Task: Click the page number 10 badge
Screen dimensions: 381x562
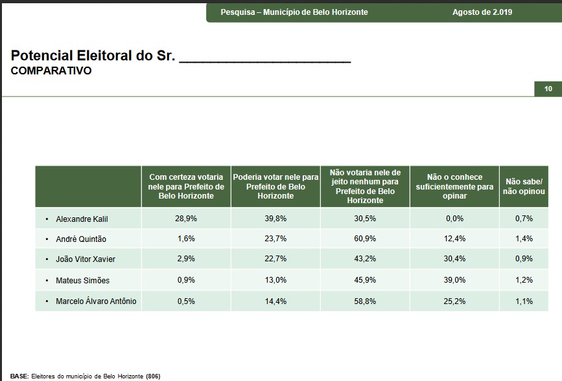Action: tap(548, 89)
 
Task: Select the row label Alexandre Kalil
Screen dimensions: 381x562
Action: tap(82, 219)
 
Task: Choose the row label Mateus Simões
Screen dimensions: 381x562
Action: tap(82, 280)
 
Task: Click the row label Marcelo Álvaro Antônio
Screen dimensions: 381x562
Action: tap(96, 301)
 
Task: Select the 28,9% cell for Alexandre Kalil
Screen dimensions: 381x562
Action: tap(186, 219)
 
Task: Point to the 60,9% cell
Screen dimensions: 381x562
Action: tap(365, 239)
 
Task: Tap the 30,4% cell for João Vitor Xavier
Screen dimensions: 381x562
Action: tap(454, 259)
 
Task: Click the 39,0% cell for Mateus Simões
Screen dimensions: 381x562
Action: tap(454, 280)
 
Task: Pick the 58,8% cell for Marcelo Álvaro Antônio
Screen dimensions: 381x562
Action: tap(365, 301)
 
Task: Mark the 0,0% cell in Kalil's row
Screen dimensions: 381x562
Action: tap(454, 219)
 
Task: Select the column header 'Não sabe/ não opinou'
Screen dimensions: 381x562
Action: tap(524, 186)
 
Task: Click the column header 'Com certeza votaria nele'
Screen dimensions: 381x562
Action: tap(186, 186)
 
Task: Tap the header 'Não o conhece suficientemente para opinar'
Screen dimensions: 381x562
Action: tap(454, 186)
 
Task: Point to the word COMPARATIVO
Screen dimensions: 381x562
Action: tap(51, 71)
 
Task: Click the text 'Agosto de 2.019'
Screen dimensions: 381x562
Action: tap(482, 12)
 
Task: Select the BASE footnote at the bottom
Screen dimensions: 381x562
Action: tap(85, 376)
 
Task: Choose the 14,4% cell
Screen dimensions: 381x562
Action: tap(275, 301)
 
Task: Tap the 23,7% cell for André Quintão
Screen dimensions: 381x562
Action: tap(275, 239)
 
